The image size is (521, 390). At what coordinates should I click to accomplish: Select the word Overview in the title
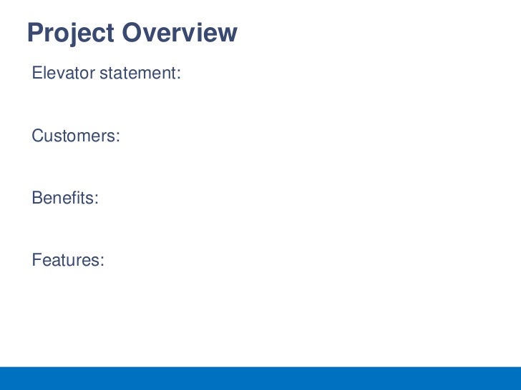[179, 33]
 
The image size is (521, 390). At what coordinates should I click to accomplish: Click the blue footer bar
[260, 378]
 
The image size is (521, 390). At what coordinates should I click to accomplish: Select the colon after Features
[102, 262]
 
